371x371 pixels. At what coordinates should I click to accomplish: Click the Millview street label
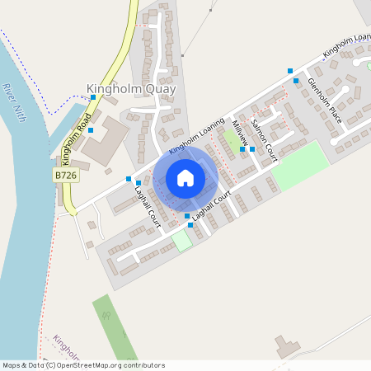point(240,134)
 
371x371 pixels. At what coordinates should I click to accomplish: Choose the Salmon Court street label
point(262,134)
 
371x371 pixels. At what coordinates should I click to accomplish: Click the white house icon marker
point(185,178)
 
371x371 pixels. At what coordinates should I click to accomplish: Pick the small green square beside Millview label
point(232,140)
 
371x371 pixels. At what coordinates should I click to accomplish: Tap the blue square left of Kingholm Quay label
point(93,97)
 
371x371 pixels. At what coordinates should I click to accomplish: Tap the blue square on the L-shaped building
point(91,130)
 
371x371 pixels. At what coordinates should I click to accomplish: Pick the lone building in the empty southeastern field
point(287,347)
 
